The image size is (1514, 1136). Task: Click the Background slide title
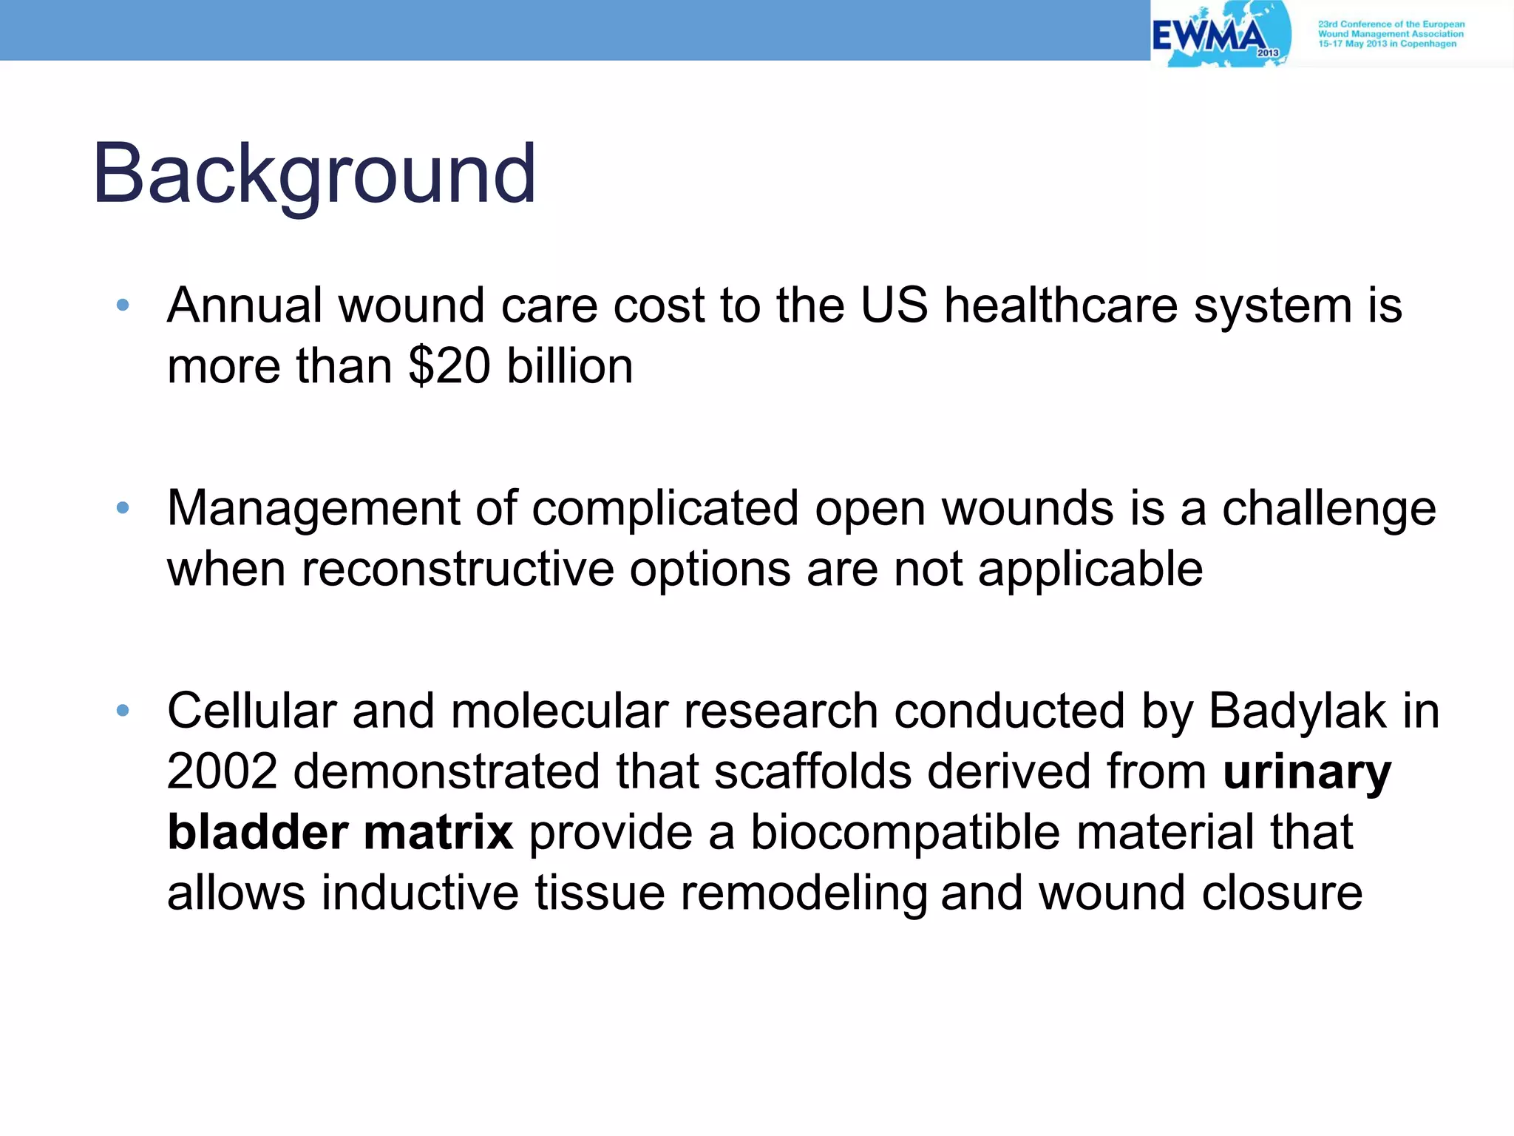[x=314, y=174]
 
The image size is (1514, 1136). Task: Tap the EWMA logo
[x=1220, y=35]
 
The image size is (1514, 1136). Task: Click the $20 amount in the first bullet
[x=449, y=366]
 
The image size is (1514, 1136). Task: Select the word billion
[x=569, y=366]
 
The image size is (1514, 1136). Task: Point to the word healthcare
[x=1061, y=305]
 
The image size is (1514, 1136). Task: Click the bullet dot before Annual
[x=123, y=305]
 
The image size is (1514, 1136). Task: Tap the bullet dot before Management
[x=123, y=507]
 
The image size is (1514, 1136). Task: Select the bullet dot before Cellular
[x=123, y=711]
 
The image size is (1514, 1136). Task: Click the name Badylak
[x=1297, y=711]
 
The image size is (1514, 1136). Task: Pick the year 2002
[x=222, y=771]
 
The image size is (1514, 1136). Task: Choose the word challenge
[x=1328, y=509]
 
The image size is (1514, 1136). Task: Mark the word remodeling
[x=804, y=893]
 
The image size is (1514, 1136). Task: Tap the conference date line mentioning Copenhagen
[x=1387, y=44]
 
